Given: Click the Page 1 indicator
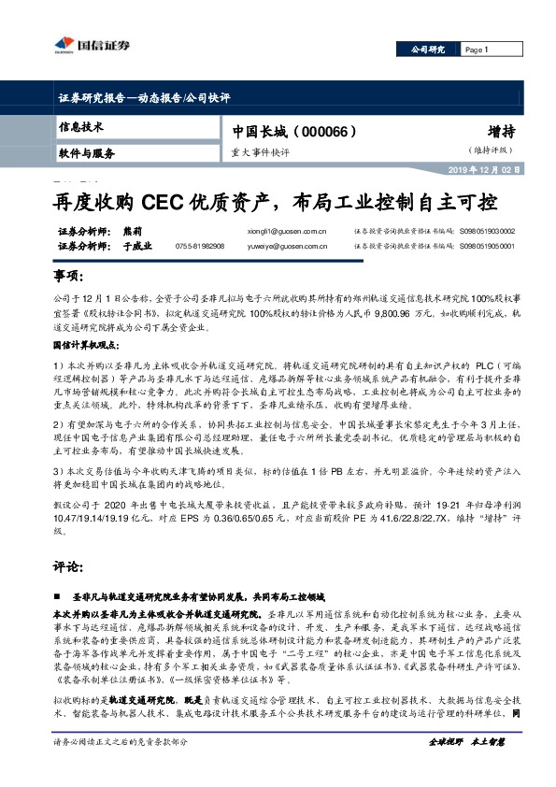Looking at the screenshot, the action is tap(477, 49).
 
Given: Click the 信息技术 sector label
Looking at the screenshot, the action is tap(81, 126).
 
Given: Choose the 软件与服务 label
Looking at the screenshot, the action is tap(86, 152).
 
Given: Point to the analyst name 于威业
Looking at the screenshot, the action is tap(136, 246).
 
